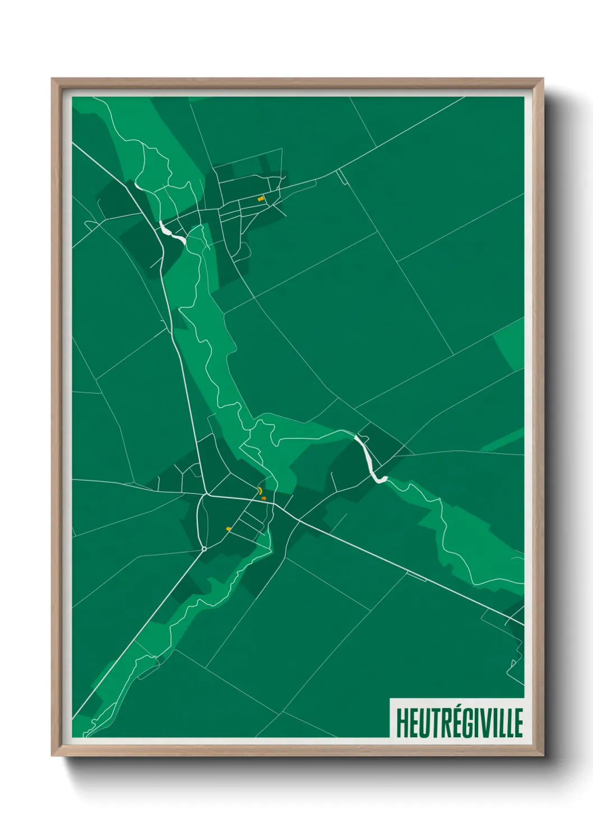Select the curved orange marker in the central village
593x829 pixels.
pyautogui.click(x=261, y=491)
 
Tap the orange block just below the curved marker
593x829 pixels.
pyautogui.click(x=263, y=499)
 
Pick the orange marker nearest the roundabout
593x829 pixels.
pyautogui.click(x=228, y=529)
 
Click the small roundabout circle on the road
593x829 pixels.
pyautogui.click(x=204, y=549)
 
